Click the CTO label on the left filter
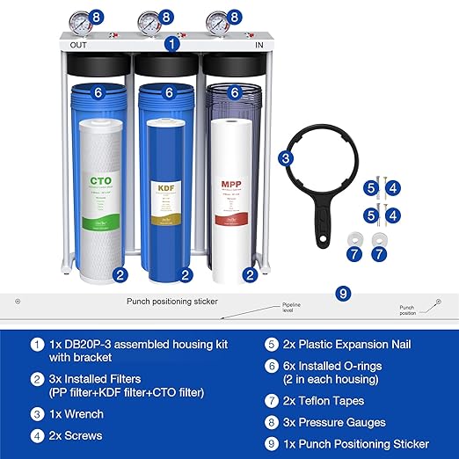tap(99, 182)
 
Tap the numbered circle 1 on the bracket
tap(172, 41)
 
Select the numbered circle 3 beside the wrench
tap(286, 159)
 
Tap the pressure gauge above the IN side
tap(216, 20)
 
